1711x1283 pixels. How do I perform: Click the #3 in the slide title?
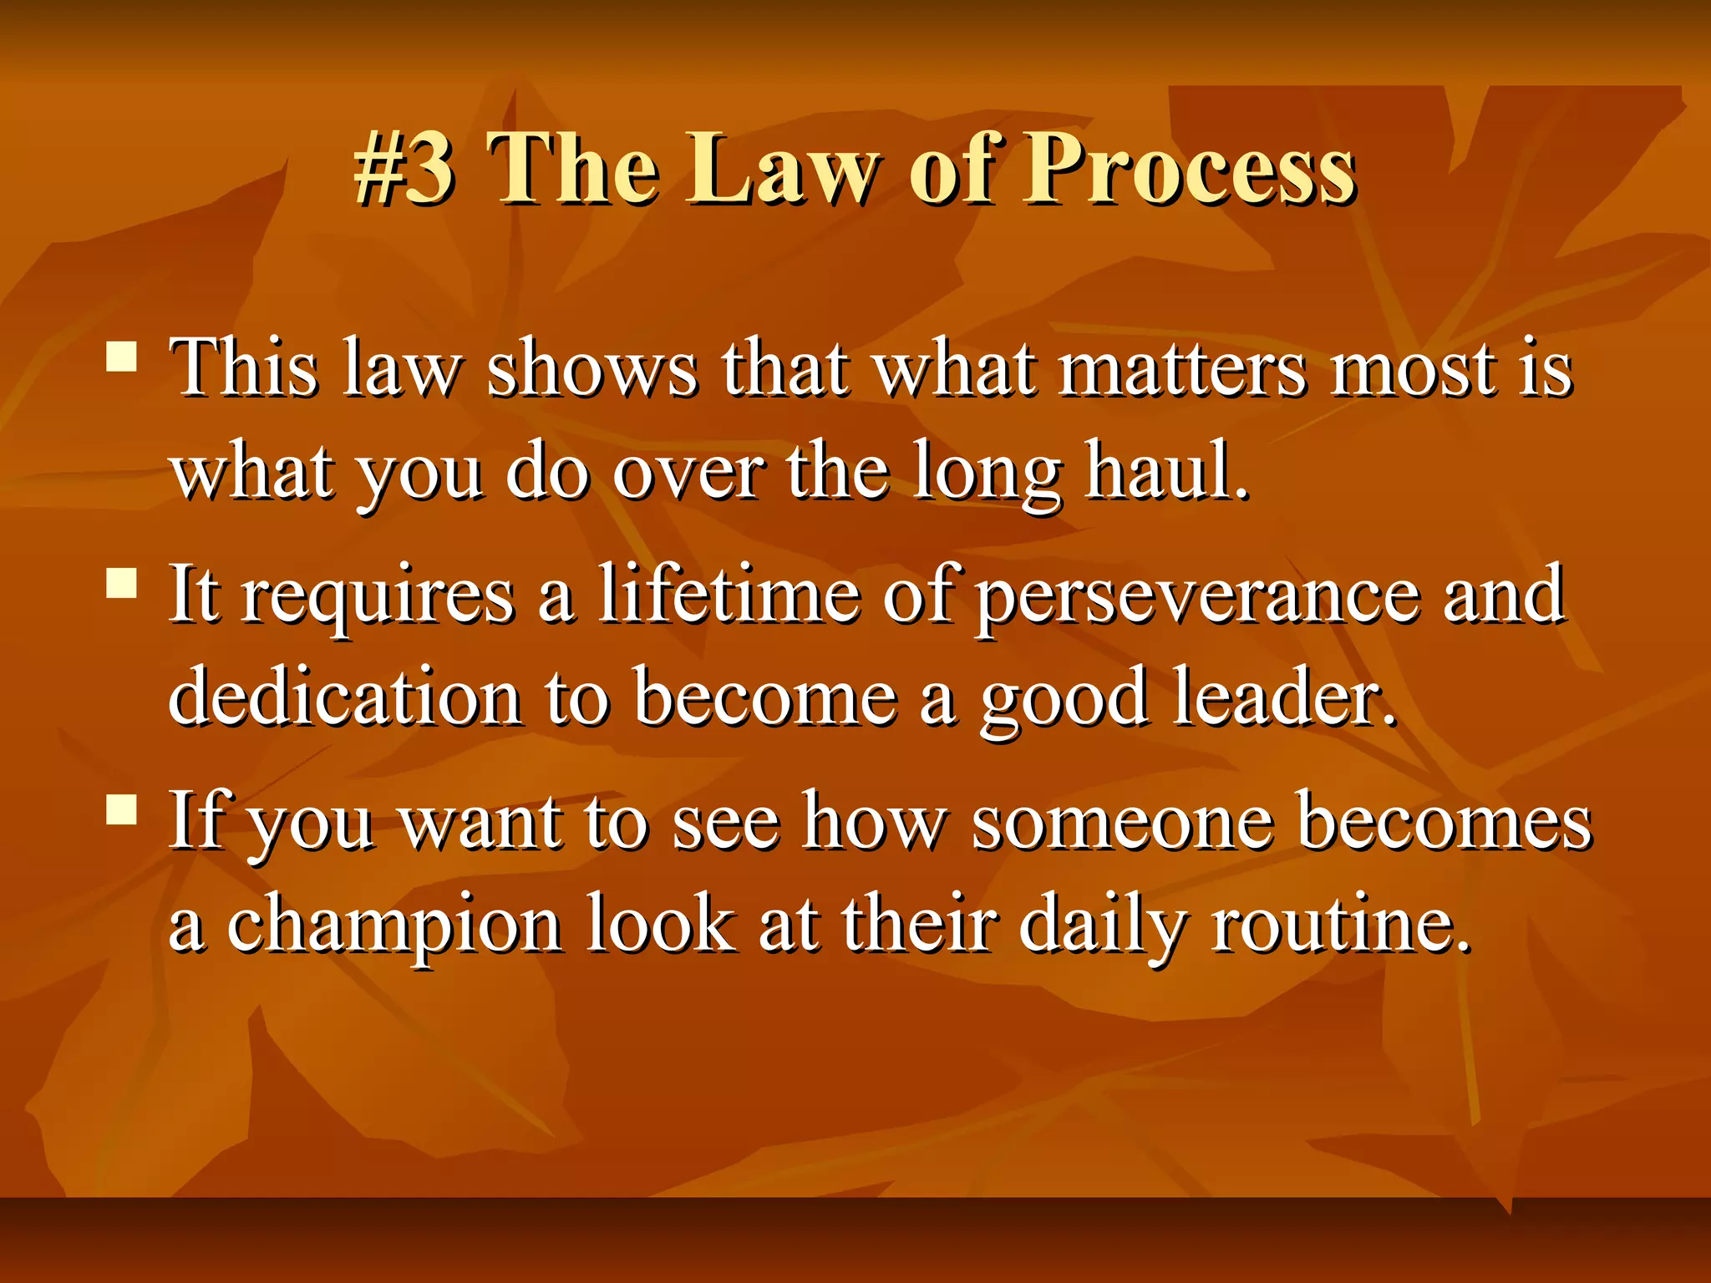(404, 169)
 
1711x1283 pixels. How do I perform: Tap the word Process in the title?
(1190, 169)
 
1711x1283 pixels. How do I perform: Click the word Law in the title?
(784, 169)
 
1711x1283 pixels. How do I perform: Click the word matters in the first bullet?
(1181, 369)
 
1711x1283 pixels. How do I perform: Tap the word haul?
(1166, 473)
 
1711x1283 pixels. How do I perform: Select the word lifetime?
(729, 595)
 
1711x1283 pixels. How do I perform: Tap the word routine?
(1340, 924)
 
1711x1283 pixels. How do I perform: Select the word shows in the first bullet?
(591, 369)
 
